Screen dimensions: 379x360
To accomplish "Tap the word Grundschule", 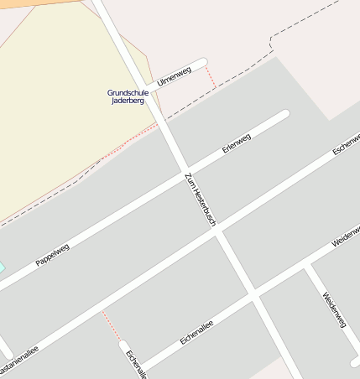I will click(x=128, y=92).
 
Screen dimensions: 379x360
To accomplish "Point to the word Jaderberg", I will click(x=128, y=101).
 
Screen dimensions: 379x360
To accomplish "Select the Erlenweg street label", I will click(x=237, y=144).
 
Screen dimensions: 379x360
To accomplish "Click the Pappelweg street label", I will click(x=52, y=254).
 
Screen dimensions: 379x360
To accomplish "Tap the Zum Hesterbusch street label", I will click(x=201, y=199).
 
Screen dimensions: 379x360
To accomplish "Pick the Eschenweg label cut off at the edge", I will click(x=346, y=144).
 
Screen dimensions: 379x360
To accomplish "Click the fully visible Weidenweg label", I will click(x=334, y=309).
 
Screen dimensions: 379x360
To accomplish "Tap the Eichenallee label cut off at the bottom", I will click(x=136, y=364).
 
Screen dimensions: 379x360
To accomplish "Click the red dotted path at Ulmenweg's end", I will click(x=211, y=75).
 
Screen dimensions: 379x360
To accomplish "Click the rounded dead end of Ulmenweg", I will click(x=201, y=62).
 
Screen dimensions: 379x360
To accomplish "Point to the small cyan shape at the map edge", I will click(x=2, y=267).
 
